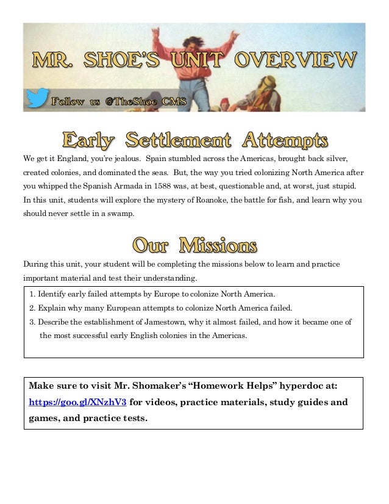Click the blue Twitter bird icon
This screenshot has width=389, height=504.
pos(38,98)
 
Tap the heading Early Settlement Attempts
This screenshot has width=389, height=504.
pos(194,140)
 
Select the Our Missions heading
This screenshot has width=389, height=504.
pos(194,246)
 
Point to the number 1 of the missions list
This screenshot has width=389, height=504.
pos(32,294)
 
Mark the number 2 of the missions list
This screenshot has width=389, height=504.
pos(32,308)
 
